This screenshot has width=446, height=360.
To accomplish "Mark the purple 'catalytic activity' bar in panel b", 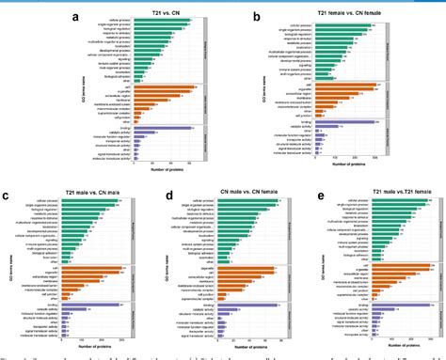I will pos(330,125).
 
